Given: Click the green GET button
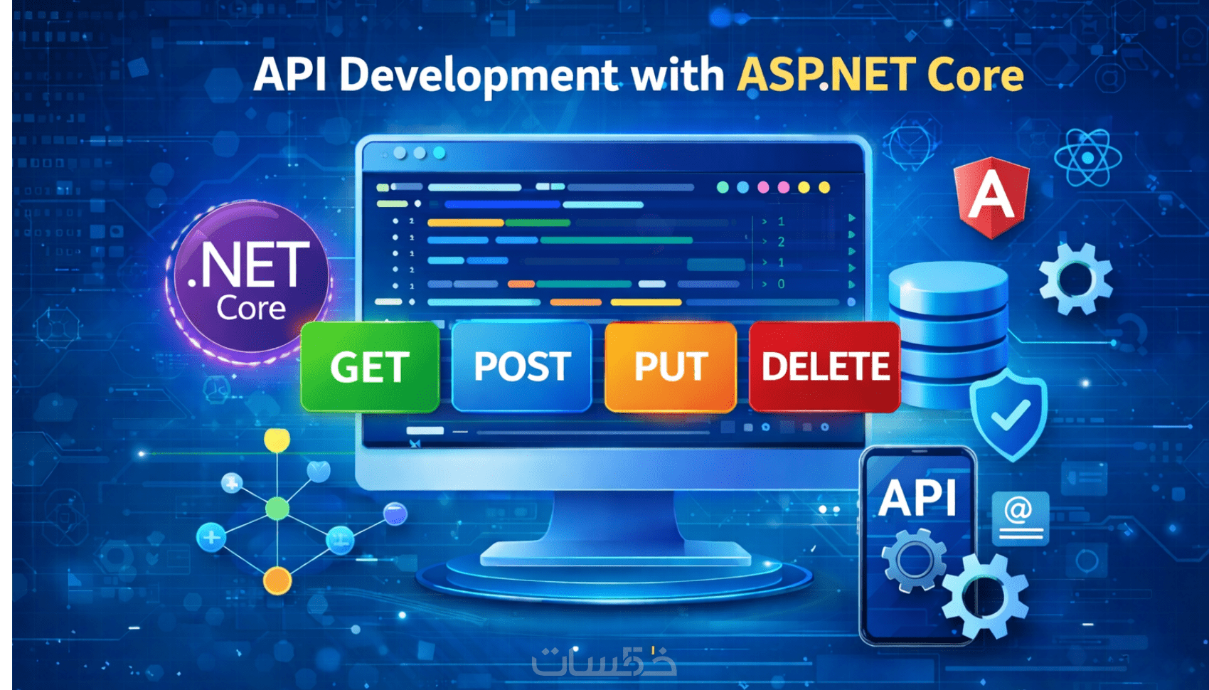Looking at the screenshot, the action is [x=371, y=367].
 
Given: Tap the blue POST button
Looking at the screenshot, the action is [x=521, y=366].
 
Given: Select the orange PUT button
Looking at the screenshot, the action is [x=671, y=366].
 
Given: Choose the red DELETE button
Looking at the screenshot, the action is [x=825, y=366].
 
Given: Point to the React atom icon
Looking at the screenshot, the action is [x=1087, y=158].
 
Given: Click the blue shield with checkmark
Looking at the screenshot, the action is [x=1008, y=417].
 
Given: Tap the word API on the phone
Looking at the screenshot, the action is [x=917, y=498].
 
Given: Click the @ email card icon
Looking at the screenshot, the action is [x=1020, y=518].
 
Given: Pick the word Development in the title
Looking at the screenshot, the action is [x=478, y=75].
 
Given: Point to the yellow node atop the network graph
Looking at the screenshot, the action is [x=277, y=440].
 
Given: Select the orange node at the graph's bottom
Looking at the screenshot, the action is [x=277, y=581].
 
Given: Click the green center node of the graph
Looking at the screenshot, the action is [x=277, y=509].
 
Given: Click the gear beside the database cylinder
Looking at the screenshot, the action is [x=1076, y=279].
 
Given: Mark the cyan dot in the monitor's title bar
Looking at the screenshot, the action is [x=440, y=153].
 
